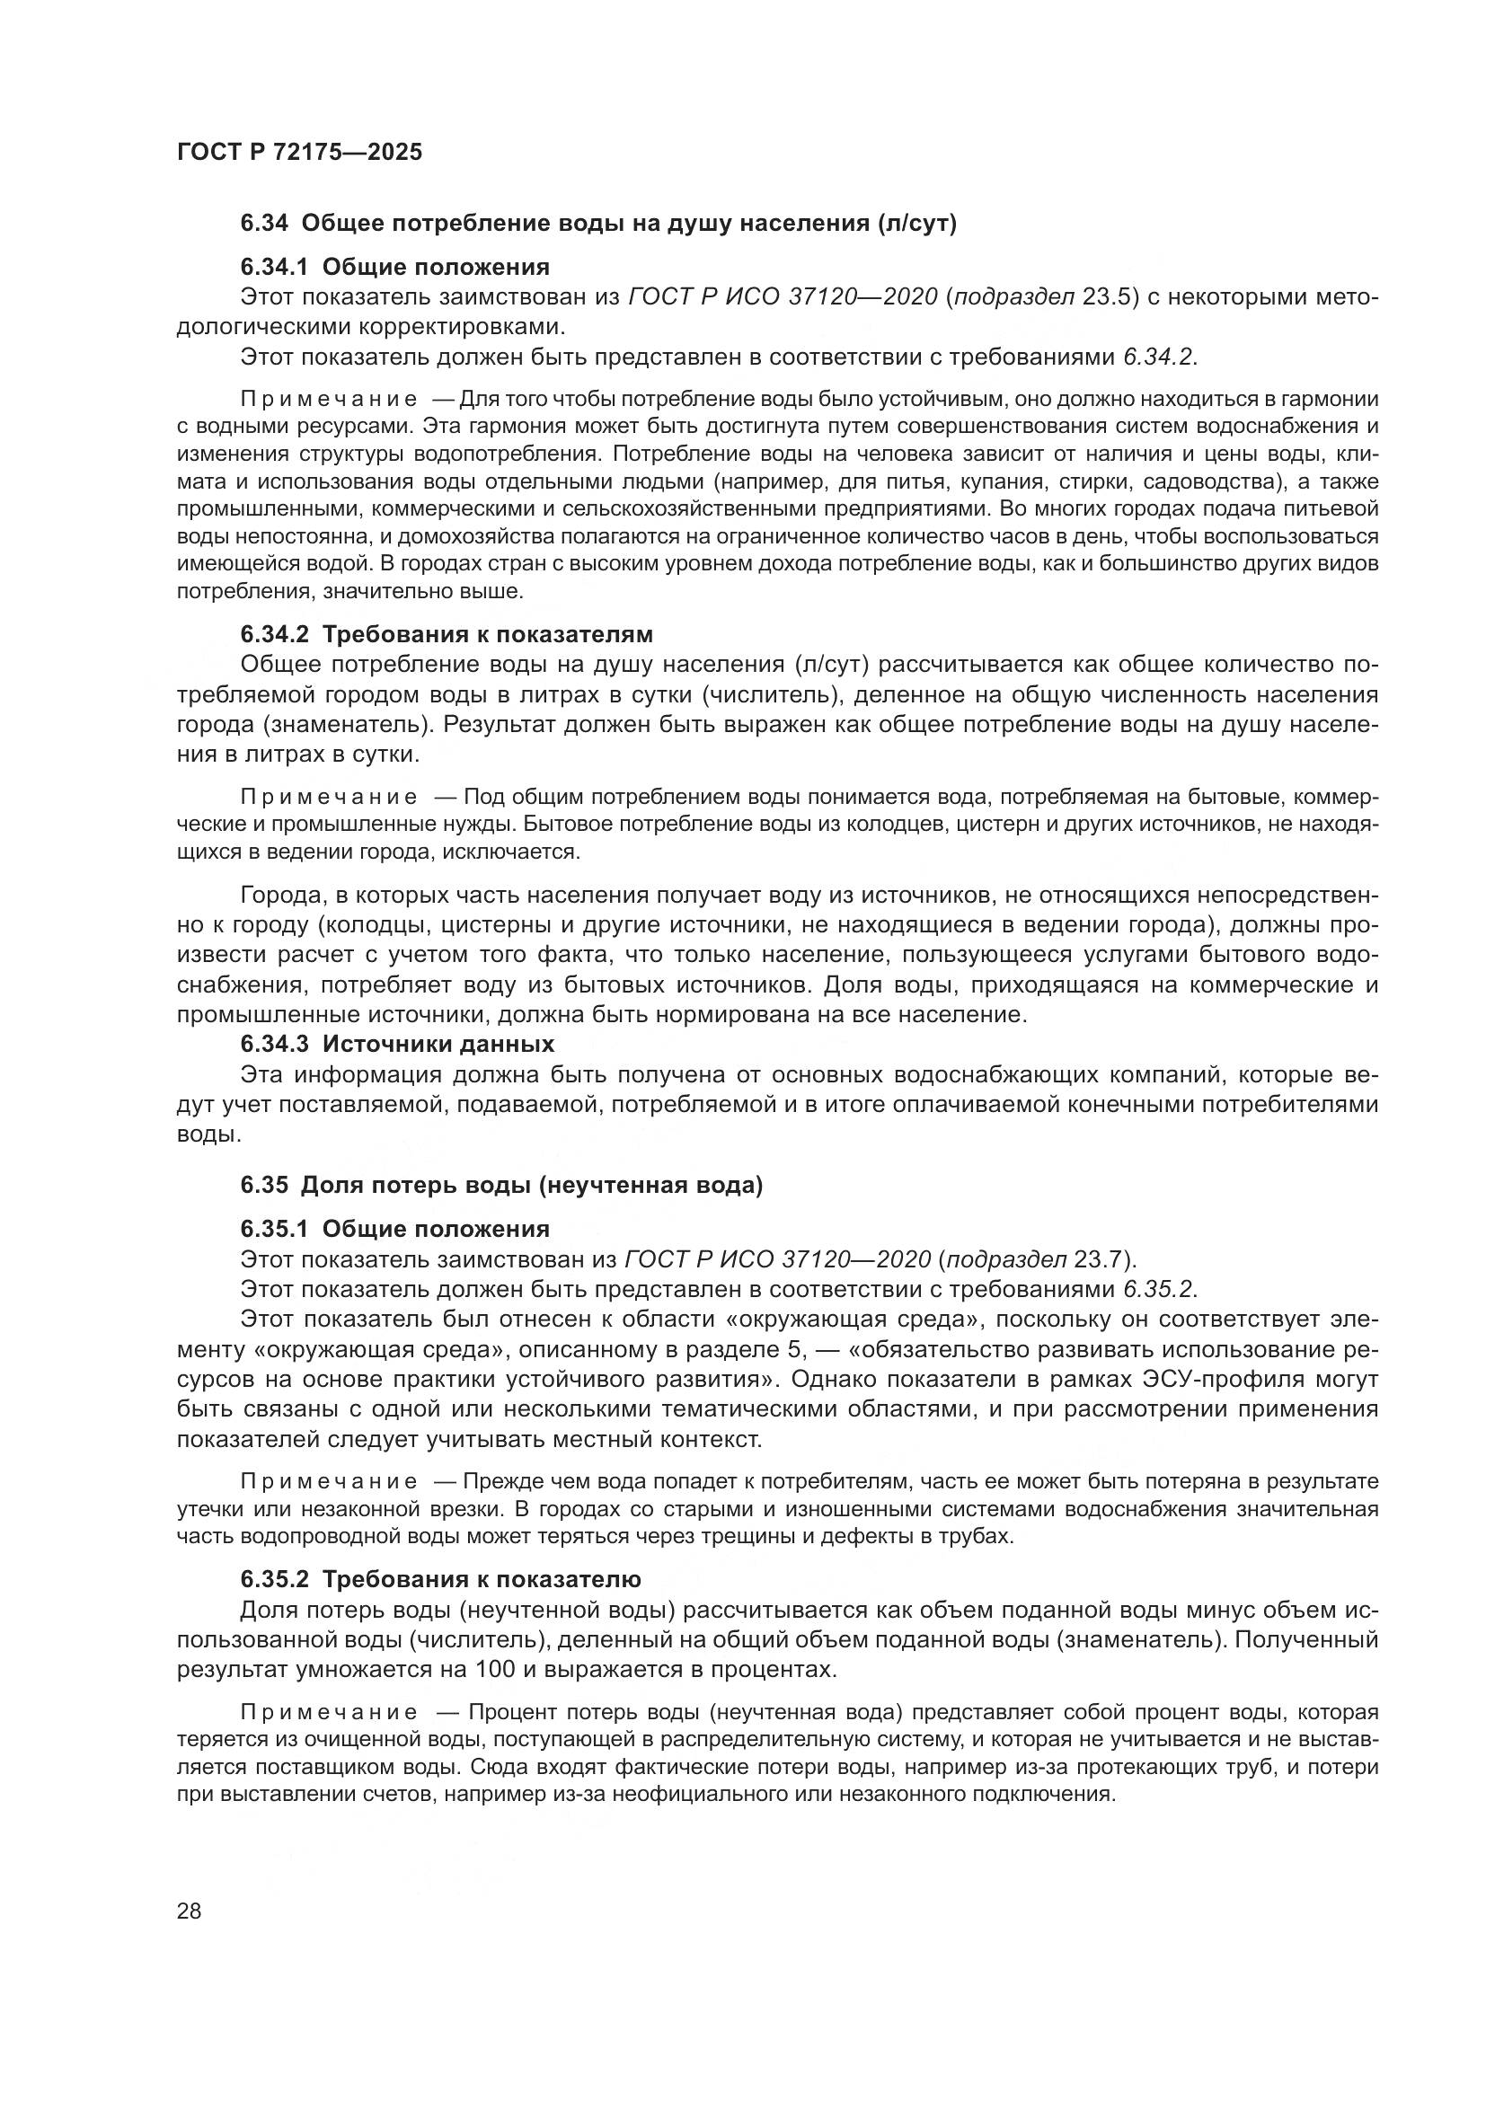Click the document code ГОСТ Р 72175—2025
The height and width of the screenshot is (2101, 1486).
pyautogui.click(x=299, y=152)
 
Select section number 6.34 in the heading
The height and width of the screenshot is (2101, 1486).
pyautogui.click(x=264, y=224)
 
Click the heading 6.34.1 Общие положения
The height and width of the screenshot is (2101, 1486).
pyautogui.click(x=394, y=267)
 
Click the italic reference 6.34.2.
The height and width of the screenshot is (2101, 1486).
pyautogui.click(x=1158, y=357)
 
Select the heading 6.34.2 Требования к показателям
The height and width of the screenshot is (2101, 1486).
pyautogui.click(x=447, y=634)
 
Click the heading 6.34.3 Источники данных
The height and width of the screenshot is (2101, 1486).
pyautogui.click(x=397, y=1044)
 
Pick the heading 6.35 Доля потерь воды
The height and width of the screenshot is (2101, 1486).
pyautogui.click(x=501, y=1185)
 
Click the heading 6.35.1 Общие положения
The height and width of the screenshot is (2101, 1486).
pyautogui.click(x=394, y=1229)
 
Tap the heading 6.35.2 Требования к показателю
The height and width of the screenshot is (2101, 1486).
pyautogui.click(x=440, y=1579)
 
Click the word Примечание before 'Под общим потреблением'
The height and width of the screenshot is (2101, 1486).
pyautogui.click(x=329, y=797)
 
